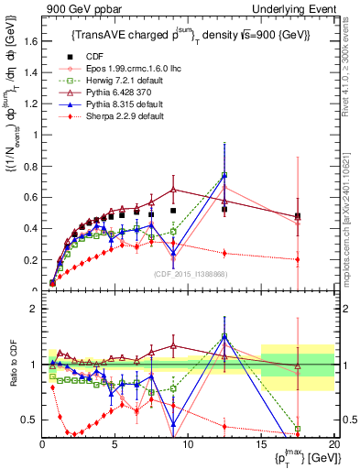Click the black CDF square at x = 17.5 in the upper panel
tap(297, 216)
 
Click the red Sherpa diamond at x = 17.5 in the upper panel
tap(297, 259)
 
